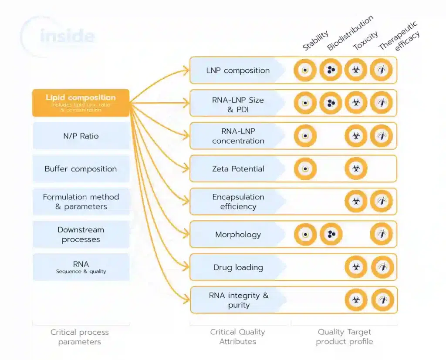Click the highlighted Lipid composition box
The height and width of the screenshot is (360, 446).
81,103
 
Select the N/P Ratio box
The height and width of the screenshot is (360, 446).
81,136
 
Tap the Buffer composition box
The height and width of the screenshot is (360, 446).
81,169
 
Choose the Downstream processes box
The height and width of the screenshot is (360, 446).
81,235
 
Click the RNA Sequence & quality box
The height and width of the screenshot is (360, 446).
81,267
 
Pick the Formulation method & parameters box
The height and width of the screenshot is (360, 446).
81,202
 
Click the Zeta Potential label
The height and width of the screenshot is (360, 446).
238,169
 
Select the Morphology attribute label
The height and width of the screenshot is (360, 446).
238,235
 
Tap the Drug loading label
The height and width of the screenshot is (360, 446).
238,267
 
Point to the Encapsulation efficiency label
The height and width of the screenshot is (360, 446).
238,202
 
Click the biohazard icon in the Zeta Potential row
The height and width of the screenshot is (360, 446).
356,169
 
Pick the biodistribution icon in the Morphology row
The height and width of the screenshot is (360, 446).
331,234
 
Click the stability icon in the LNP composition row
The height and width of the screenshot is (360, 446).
305,70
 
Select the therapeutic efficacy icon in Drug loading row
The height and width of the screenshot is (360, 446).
382,267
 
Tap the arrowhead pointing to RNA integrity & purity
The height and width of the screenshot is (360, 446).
186,300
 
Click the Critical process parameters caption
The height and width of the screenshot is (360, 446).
80,337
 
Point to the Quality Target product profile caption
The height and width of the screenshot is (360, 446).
344,337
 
